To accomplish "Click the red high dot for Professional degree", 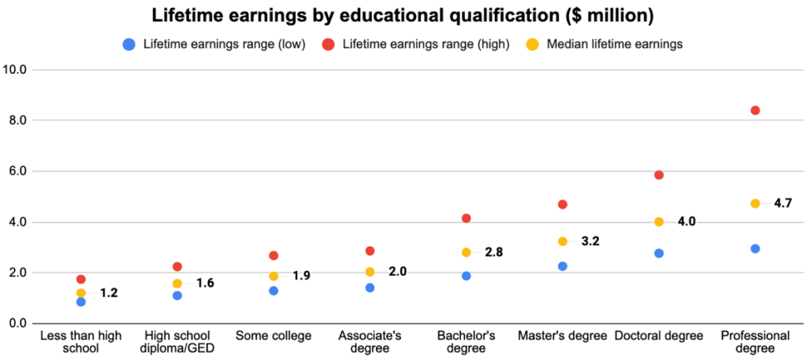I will click(755, 110).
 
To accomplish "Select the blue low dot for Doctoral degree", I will click(659, 254).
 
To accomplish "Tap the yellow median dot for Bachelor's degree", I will click(467, 253).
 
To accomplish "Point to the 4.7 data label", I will click(783, 203).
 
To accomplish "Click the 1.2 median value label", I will click(109, 293).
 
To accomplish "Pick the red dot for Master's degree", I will click(563, 205).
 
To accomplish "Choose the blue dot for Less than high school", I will click(81, 302).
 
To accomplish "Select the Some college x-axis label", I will click(273, 336).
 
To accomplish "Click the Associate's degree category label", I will click(370, 342).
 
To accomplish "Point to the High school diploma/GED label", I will click(177, 342).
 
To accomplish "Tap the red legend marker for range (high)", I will click(329, 44).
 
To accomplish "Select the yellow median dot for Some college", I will click(273, 276).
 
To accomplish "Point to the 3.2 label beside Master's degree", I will click(589, 242).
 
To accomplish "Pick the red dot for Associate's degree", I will click(370, 251).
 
